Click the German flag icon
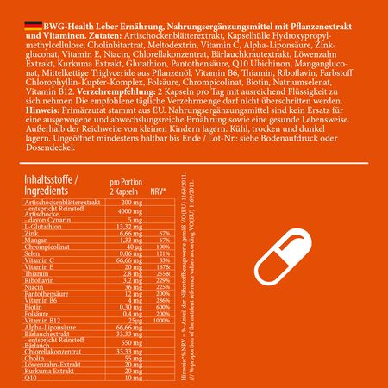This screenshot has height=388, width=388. [12, 8]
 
